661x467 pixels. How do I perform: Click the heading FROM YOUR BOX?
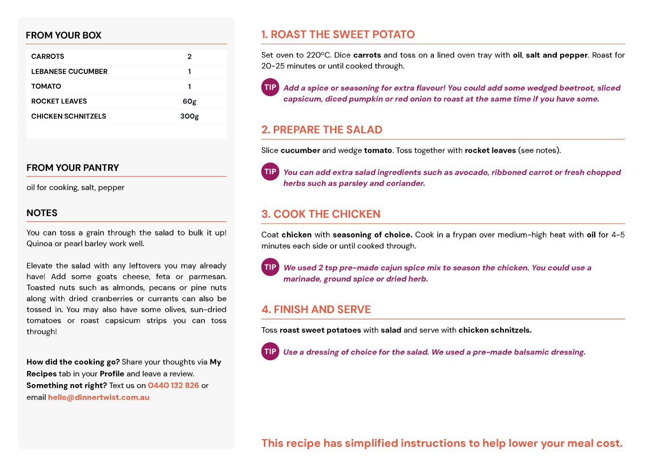64,35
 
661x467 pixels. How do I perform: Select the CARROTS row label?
48,56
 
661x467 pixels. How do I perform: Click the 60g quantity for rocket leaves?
189,101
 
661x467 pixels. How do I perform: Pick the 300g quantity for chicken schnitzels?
189,116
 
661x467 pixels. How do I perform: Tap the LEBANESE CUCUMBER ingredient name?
69,72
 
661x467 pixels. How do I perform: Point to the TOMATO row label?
46,87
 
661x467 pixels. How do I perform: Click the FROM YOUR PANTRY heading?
73,168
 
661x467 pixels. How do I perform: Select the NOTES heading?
42,213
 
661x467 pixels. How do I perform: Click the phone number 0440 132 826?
173,386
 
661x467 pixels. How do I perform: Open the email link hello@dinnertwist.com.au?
98,397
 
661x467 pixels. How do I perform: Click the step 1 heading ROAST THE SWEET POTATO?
338,34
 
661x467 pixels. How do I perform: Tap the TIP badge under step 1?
270,87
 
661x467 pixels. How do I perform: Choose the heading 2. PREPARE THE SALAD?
322,130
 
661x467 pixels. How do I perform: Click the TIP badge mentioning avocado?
270,172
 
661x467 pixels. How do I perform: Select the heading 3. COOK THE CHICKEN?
321,214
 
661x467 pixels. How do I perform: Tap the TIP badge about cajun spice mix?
270,267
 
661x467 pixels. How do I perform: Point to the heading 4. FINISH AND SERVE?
316,309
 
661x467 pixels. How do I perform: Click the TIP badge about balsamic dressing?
270,351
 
